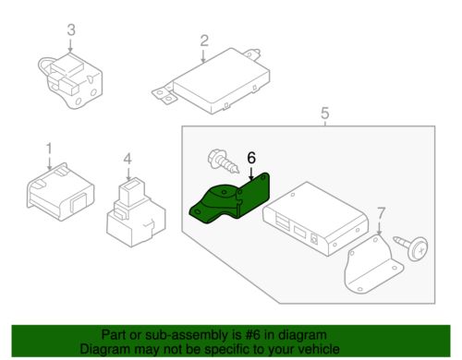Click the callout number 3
coord(71,30)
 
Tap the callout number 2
coord(204,41)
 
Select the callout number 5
coord(325,114)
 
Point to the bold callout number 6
coord(251,158)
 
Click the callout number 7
coord(382,213)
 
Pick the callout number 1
coord(49,149)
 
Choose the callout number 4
coord(128,159)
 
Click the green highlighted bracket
coord(231,199)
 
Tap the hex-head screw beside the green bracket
coord(224,161)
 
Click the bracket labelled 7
coord(371,265)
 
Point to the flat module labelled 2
coord(213,80)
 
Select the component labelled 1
coord(60,192)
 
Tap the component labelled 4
coord(136,213)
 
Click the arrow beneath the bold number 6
coord(251,174)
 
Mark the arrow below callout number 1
coord(49,162)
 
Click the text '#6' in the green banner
coord(252,335)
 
